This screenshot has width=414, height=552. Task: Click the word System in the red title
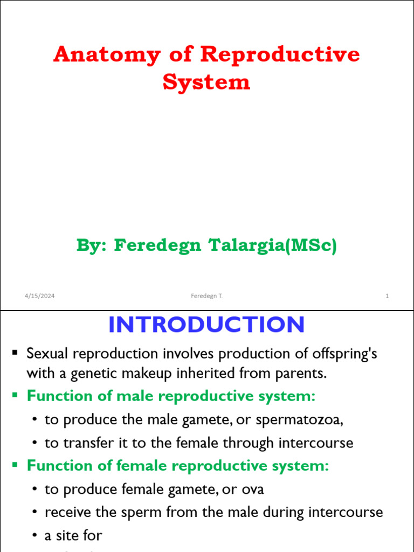tap(206, 82)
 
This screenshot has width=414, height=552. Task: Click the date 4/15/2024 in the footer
tap(39, 296)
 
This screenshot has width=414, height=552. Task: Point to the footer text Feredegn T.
tap(206, 296)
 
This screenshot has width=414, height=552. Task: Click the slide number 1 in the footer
tap(387, 296)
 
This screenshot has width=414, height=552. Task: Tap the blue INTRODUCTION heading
tap(206, 325)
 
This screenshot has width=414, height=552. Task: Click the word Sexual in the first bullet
tap(47, 354)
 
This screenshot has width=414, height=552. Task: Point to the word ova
tap(253, 489)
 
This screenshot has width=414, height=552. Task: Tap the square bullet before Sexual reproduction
tap(15, 353)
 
